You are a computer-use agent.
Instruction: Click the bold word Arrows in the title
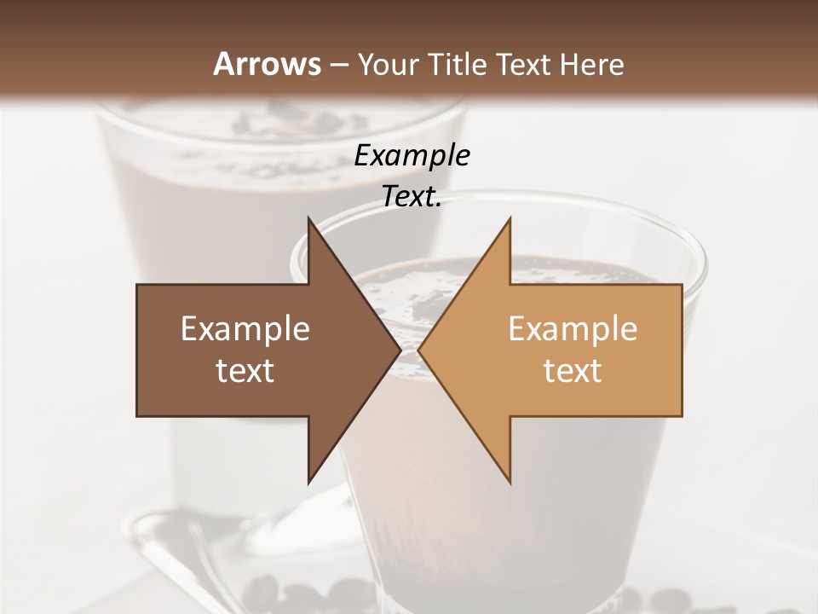267,64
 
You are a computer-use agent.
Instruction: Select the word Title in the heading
457,64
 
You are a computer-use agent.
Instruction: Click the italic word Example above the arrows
412,156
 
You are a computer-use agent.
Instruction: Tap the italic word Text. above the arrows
412,197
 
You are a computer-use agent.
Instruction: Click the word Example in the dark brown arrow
245,329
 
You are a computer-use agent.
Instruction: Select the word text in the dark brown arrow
245,371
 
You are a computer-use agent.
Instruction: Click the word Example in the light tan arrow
573,329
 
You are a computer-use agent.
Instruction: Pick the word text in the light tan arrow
573,371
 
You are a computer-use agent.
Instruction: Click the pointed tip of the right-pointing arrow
400,350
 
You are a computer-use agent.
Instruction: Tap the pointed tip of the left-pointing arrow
419,350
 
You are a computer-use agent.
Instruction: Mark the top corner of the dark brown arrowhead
309,218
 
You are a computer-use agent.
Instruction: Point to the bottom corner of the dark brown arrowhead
309,483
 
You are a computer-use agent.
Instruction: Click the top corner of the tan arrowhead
510,218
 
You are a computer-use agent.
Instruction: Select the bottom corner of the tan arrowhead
510,483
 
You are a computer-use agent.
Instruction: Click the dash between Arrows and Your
338,65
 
